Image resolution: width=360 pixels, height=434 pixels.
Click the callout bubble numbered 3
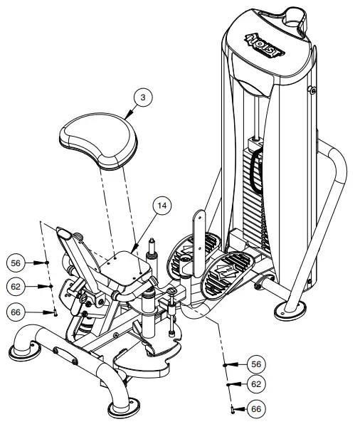click(144, 99)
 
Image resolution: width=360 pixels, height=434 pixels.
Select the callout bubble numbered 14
click(162, 206)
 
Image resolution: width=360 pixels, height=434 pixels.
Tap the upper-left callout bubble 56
click(17, 263)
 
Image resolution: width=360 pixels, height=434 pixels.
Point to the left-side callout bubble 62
click(17, 287)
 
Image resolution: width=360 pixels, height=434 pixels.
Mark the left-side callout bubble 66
click(17, 312)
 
